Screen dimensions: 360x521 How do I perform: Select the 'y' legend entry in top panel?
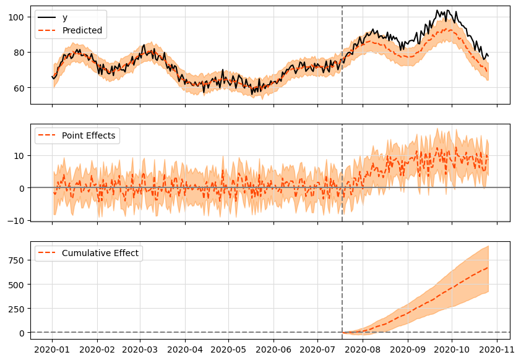[65, 17]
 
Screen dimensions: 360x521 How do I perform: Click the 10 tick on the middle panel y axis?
[21, 155]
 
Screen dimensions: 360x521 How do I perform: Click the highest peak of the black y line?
[437, 11]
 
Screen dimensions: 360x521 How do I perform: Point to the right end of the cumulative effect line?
[488, 267]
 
